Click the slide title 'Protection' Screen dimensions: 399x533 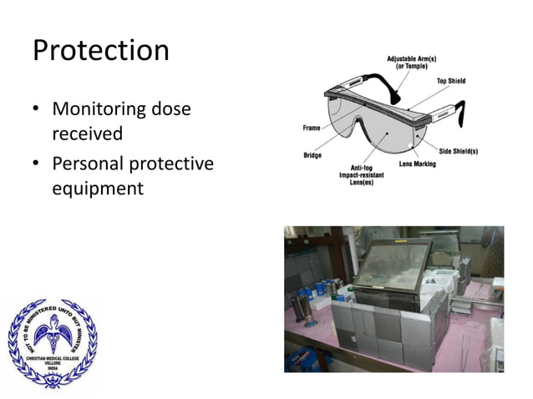point(100,50)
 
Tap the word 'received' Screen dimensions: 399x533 point(88,134)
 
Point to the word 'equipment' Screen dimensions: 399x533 point(98,189)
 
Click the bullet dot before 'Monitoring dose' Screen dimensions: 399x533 point(38,110)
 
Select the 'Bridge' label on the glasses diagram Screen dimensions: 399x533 point(313,155)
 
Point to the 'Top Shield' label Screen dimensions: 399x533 point(451,80)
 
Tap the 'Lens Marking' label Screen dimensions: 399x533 point(418,164)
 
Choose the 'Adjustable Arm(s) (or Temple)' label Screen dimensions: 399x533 point(407,63)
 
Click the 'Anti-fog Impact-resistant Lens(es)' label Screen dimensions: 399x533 point(361,176)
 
